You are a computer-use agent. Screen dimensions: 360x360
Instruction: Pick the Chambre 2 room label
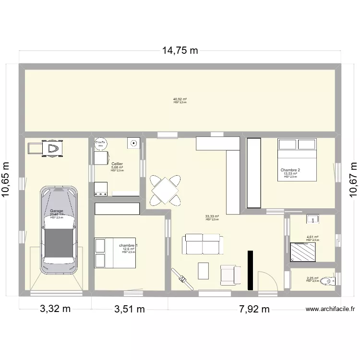coord(290,170)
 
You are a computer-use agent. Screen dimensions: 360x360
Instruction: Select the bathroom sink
coord(313,219)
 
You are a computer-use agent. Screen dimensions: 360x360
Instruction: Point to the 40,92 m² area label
coord(180,99)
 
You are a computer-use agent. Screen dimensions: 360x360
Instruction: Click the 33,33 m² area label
coord(212,216)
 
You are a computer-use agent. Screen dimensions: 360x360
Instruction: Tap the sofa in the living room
coord(202,244)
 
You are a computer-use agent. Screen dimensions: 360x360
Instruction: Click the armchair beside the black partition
coord(230,274)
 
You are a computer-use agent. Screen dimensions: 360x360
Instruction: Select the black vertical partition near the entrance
coord(250,270)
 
